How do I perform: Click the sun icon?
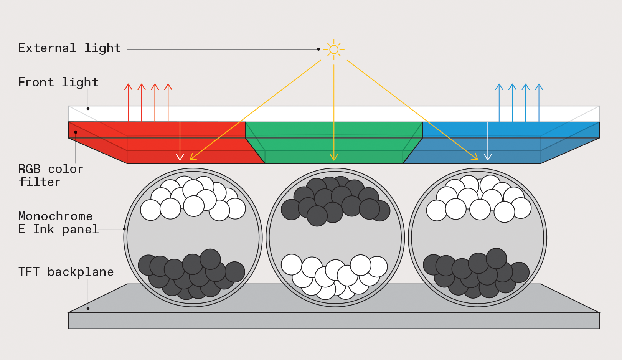tap(334, 50)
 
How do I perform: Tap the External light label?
tap(69, 48)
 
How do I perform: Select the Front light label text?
tap(58, 83)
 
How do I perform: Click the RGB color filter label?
tap(51, 175)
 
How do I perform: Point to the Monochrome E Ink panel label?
tap(58, 223)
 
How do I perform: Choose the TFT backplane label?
tap(66, 272)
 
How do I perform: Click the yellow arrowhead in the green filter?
tap(334, 157)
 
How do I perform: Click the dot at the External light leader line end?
tap(318, 49)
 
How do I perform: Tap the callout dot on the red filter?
tap(76, 132)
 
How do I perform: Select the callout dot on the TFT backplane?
tap(88, 309)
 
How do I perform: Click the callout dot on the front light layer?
tap(88, 109)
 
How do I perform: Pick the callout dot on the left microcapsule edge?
tap(124, 229)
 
